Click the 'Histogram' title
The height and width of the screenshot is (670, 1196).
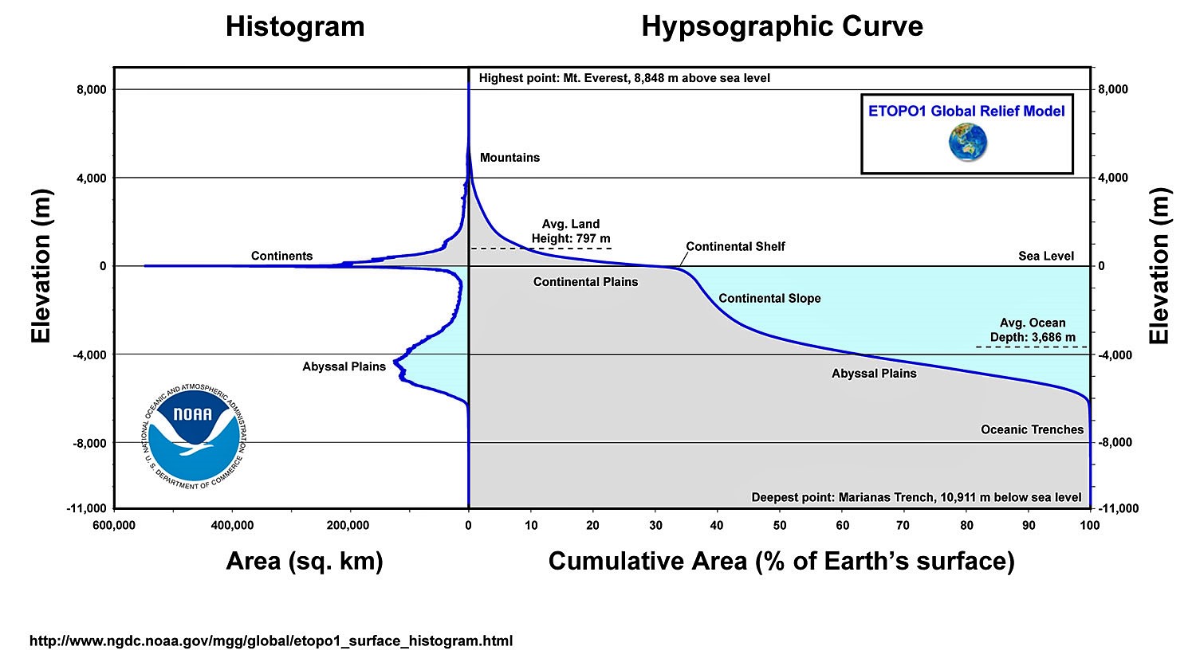pos(295,27)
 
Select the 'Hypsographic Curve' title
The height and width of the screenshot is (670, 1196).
pos(782,27)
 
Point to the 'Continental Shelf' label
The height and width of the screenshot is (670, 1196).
pos(735,246)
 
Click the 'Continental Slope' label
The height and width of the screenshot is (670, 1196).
pos(769,299)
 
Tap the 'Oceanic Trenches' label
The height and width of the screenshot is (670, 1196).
pos(1032,429)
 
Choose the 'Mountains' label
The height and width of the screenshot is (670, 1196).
pos(509,158)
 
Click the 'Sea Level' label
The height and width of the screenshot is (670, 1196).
pos(1046,256)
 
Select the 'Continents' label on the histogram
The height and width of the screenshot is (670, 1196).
pos(281,256)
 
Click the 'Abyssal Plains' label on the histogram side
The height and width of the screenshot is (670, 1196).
pos(344,366)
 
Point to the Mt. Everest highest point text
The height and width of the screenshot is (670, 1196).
pos(624,78)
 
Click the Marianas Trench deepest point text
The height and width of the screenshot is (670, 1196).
pos(916,498)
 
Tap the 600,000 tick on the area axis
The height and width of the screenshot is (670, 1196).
pos(114,525)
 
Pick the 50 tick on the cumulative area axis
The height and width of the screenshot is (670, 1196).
pos(780,525)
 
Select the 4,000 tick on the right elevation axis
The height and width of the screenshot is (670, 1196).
pos(1112,178)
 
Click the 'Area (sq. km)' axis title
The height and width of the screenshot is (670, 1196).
pos(305,562)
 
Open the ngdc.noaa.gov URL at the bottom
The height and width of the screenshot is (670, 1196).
pos(271,641)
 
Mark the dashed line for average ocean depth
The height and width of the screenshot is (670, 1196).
pos(1032,347)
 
